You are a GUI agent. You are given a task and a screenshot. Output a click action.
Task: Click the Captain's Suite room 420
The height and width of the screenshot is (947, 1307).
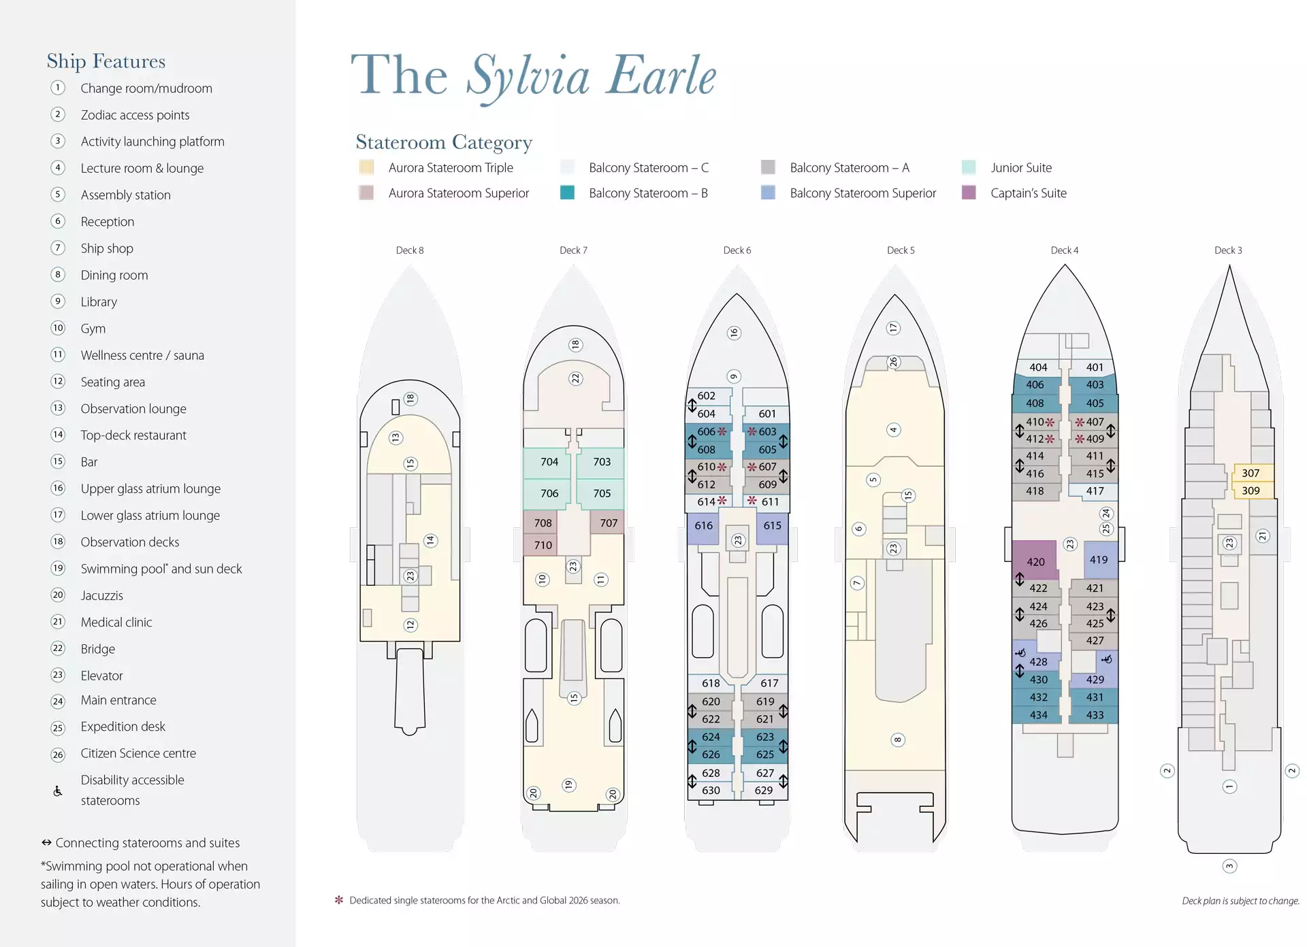point(1034,561)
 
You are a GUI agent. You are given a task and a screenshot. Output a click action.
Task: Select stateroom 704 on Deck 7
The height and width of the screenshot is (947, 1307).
point(549,463)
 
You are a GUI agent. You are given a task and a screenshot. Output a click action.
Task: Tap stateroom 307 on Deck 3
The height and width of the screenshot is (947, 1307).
point(1251,473)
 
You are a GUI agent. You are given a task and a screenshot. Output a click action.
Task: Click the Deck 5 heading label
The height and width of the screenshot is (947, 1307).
point(901,250)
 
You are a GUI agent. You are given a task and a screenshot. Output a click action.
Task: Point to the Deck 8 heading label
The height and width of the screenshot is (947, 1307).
point(410,250)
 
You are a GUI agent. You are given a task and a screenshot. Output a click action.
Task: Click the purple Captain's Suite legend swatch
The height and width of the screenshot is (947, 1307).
point(969,193)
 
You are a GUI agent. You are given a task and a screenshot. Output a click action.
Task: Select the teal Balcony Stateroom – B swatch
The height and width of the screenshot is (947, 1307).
point(567,193)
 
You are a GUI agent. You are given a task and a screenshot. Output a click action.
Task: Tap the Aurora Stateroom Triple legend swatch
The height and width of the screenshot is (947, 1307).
point(366,167)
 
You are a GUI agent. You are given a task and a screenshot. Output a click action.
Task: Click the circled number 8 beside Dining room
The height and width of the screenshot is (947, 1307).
point(58,275)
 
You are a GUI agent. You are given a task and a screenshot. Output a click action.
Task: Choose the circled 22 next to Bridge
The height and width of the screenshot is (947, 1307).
point(58,648)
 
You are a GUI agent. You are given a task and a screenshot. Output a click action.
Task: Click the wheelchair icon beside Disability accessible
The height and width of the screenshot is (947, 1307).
point(58,791)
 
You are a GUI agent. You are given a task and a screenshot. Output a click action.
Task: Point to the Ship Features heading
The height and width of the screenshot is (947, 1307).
point(106,61)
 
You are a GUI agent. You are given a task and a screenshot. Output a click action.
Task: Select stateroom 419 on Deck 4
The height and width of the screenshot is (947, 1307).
point(1099,559)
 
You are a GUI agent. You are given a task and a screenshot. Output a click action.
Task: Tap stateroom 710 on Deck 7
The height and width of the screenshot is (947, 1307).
point(543,545)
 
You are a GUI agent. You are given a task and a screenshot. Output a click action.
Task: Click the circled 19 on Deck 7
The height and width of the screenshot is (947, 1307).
point(568,785)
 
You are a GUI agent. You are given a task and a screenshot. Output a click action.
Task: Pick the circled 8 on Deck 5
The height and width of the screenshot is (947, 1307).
point(898,740)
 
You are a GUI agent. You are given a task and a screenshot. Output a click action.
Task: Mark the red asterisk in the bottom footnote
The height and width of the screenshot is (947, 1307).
point(339,900)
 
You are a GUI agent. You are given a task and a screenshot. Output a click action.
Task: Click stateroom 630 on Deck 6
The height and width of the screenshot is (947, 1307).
point(710,791)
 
